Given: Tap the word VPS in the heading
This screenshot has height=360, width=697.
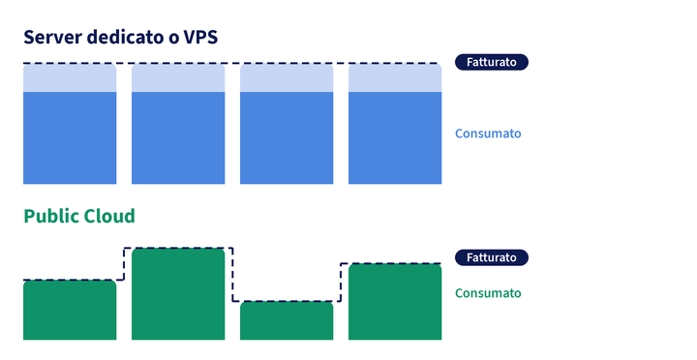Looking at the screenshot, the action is point(201,37).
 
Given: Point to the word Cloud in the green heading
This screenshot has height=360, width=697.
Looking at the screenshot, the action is point(109,216).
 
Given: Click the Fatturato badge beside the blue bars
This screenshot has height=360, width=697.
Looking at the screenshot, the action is point(492,62).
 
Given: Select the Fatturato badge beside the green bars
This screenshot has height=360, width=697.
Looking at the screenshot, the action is point(492,257).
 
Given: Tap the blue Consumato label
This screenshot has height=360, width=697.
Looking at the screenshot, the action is point(488,134).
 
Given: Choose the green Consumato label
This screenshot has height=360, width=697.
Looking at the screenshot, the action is point(488,293).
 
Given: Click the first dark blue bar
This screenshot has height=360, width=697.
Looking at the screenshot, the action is point(70,137).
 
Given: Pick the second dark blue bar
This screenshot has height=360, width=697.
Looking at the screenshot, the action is point(178,137).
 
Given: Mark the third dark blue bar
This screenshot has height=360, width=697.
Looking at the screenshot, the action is point(287,137).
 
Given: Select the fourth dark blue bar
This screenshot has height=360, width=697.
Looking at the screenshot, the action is point(395,137).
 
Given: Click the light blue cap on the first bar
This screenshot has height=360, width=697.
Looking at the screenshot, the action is point(70,78).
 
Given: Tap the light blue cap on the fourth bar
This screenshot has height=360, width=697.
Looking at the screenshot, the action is point(395,78).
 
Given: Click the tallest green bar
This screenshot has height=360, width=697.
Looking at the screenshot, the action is point(178,294).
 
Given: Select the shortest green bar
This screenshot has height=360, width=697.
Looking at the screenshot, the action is point(287,321).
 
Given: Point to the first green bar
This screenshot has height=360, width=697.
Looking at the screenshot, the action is point(70,311).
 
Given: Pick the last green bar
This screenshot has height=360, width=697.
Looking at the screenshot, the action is point(395,302).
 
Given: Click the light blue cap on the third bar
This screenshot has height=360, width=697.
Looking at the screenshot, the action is point(287,78).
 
